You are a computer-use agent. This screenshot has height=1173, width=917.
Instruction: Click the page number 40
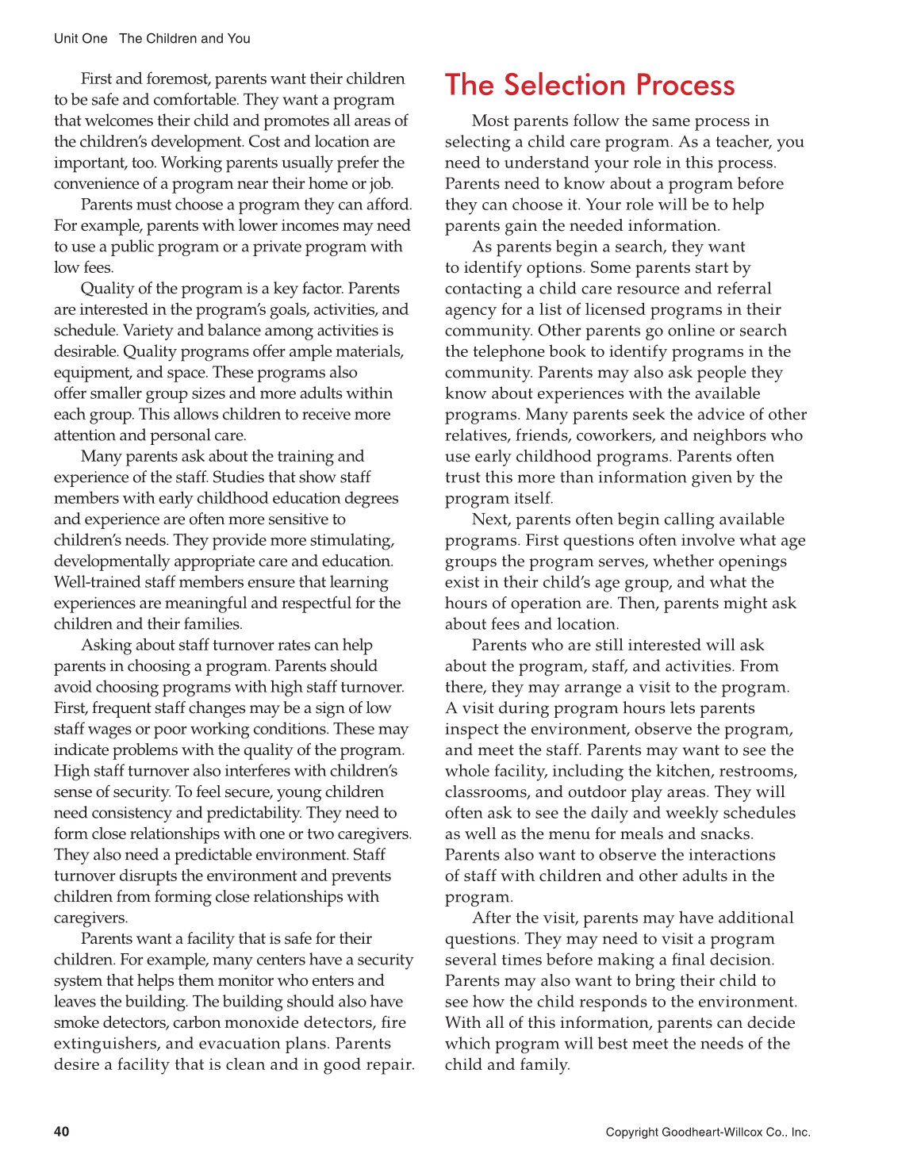coord(61,1131)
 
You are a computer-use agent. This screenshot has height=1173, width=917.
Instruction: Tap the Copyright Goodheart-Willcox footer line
coord(708,1132)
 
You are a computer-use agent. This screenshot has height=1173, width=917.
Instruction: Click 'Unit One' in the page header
coord(80,39)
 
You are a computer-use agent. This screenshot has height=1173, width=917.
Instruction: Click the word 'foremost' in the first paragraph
coord(179,79)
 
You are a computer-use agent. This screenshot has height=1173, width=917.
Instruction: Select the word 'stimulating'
coord(350,540)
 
